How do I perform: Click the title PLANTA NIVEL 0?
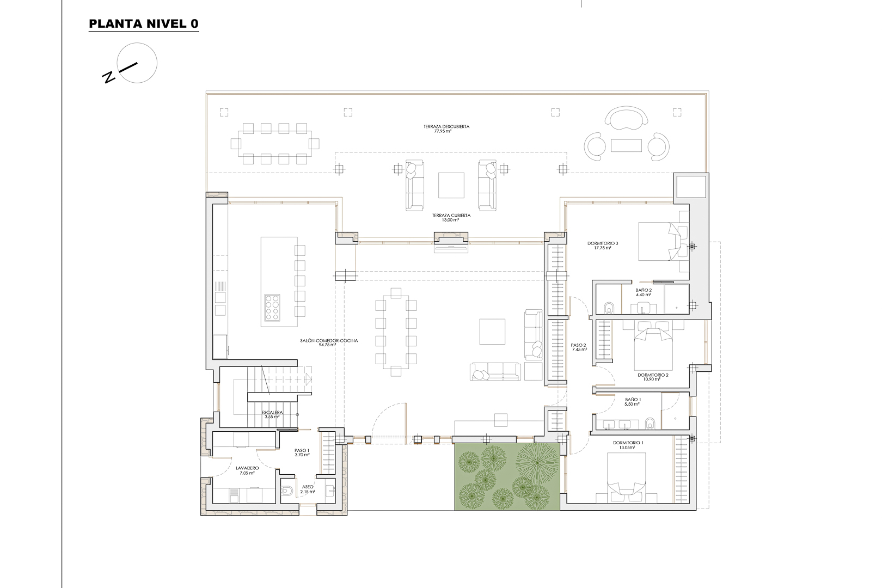144,24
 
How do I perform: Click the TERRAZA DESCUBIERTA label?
446,128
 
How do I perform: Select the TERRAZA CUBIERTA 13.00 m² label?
451,218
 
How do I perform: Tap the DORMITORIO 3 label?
603,245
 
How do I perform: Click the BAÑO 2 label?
643,292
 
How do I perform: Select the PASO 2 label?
578,347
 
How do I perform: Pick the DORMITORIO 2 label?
653,377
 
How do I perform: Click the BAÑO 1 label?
633,402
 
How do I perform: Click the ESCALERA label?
272,414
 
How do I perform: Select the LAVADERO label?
247,470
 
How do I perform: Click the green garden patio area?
506,476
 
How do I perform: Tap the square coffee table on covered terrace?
451,186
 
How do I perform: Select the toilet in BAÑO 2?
609,308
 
